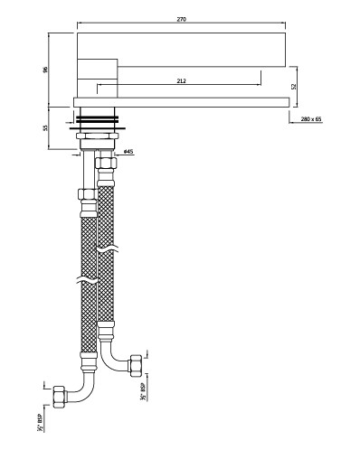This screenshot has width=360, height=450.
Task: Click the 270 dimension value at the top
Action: click(x=182, y=19)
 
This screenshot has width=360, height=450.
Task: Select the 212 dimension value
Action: click(x=182, y=81)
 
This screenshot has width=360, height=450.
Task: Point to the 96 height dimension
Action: click(x=45, y=70)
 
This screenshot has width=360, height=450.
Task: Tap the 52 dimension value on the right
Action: click(x=294, y=87)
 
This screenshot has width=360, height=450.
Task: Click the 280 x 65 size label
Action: click(x=311, y=119)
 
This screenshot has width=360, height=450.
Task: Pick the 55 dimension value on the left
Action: click(x=45, y=127)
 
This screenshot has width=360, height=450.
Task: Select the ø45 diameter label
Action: click(x=128, y=152)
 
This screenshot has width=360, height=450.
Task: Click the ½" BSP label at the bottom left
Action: click(x=40, y=423)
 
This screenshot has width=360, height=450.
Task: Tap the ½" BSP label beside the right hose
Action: click(x=143, y=391)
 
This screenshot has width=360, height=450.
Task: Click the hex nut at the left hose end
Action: click(x=59, y=397)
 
